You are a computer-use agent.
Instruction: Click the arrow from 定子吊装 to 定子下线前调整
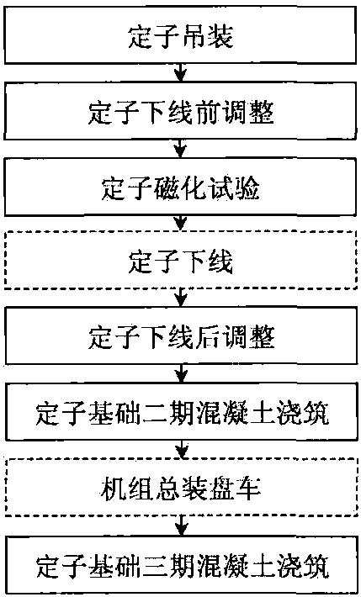182,73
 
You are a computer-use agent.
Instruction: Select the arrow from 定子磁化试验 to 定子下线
182,224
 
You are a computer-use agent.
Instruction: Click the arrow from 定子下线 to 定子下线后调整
182,298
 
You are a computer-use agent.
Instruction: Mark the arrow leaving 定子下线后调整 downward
182,373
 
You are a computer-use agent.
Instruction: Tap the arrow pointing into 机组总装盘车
183,448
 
